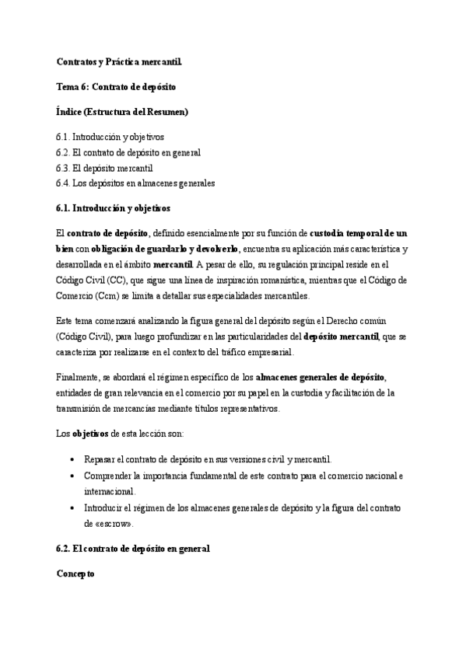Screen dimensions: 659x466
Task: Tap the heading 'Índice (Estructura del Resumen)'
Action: [122, 112]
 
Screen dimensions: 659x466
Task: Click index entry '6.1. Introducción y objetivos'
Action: [110, 137]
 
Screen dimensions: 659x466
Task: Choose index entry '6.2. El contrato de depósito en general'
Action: [128, 152]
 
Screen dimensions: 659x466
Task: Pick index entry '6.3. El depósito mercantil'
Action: [104, 168]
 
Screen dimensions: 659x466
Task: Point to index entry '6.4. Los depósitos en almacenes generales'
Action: [135, 183]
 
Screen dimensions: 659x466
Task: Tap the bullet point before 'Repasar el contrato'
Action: [72, 459]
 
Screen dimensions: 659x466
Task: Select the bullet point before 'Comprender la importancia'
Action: [72, 475]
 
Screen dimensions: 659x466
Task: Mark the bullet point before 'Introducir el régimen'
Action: [72, 507]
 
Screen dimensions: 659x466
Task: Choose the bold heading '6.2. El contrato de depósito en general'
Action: [133, 549]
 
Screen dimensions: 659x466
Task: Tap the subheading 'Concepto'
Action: [75, 574]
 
